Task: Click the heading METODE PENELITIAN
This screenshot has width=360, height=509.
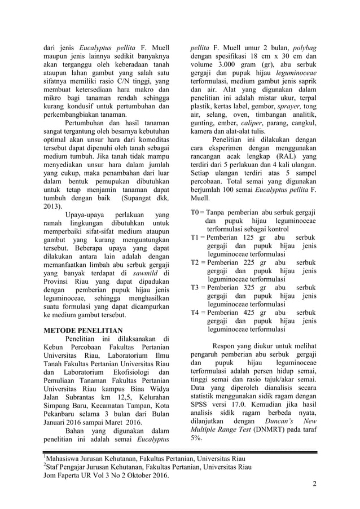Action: (x=84, y=329)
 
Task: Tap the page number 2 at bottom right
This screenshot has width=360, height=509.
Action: (x=314, y=484)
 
